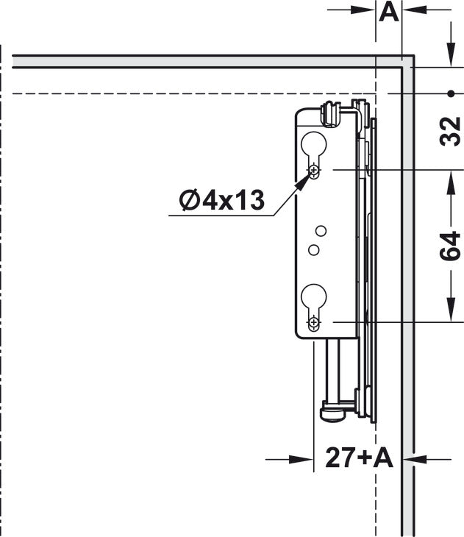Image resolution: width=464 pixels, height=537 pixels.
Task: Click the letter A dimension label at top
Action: coord(389,13)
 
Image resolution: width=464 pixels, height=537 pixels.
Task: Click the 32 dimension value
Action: coord(450,132)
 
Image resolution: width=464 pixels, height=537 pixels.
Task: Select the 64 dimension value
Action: coord(450,246)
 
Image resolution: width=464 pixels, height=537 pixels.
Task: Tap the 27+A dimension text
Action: coord(360,458)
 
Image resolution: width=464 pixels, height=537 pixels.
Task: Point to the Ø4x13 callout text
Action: coord(222,199)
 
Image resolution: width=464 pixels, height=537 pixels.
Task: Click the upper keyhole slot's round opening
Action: coord(314,144)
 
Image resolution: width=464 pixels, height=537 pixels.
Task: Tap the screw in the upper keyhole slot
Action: coord(314,169)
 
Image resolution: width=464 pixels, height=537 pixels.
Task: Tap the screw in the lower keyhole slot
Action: coord(314,322)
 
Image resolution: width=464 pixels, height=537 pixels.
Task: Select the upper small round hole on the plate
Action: coord(321,231)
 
